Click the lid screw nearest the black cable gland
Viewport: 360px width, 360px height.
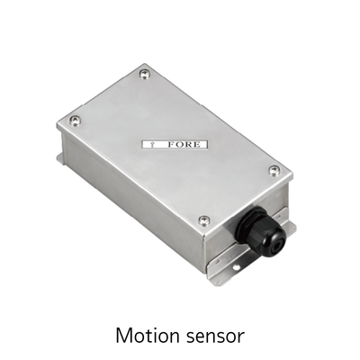(204, 220)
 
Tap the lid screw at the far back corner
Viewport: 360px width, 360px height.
(145, 74)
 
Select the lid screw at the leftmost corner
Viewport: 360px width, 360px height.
(75, 121)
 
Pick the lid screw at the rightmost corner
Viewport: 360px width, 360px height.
(274, 170)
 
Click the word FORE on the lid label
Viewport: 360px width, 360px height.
(184, 144)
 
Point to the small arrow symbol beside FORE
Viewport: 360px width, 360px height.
(152, 145)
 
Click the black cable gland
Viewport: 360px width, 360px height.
(259, 231)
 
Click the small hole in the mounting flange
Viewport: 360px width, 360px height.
(237, 265)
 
